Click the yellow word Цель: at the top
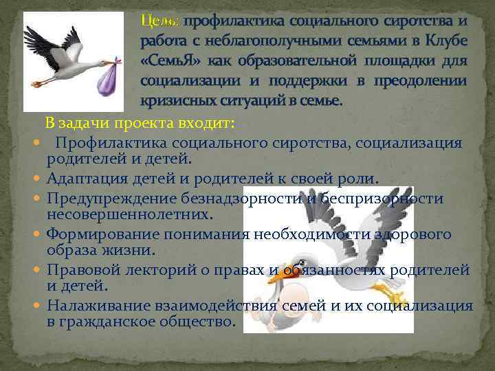pyautogui.click(x=160, y=21)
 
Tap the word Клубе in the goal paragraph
pyautogui.click(x=445, y=41)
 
